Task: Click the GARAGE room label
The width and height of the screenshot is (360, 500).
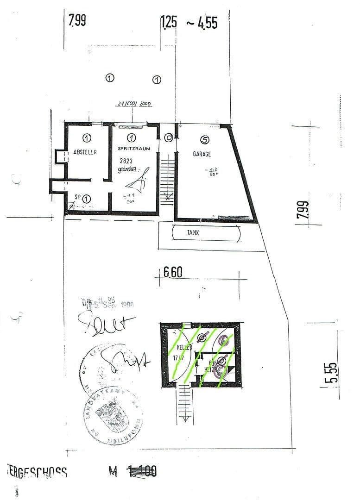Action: (202, 154)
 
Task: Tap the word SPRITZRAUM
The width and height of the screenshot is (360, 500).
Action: (133, 149)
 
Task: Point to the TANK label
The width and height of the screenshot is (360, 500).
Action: (194, 234)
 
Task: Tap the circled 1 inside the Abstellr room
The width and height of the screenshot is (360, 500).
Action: (87, 137)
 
